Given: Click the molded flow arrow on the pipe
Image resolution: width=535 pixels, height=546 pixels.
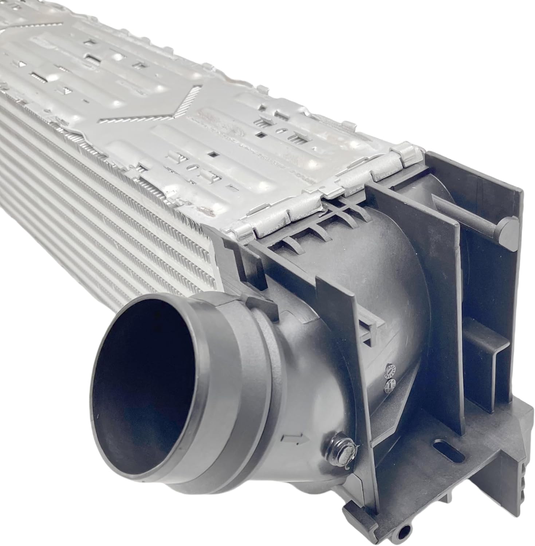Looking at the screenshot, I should pyautogui.click(x=294, y=439).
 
